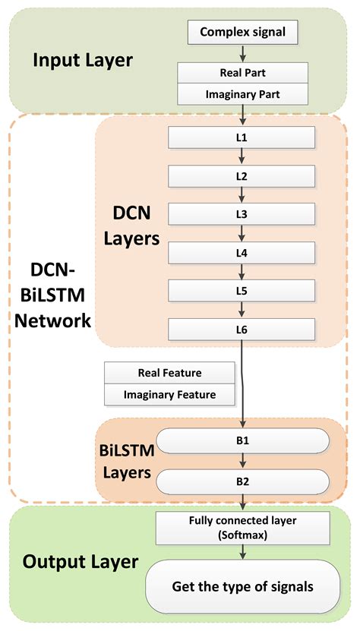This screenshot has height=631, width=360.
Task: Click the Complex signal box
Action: point(243,32)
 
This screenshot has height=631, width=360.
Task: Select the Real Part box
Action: point(243,73)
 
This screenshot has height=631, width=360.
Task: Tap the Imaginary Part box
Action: point(243,94)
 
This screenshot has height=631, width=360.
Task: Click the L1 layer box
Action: point(242,138)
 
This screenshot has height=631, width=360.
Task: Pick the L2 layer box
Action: point(242,176)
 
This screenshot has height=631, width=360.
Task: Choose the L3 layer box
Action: point(242,214)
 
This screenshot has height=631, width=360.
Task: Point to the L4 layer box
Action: point(242,252)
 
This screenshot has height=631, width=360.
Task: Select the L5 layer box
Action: point(242,291)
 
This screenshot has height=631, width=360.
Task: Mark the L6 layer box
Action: point(242,329)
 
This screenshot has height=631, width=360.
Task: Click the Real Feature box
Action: point(169,373)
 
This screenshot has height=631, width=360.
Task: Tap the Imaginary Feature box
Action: point(169,395)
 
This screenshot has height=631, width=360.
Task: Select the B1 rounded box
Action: point(242,440)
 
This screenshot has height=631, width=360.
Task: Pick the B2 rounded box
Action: point(242,481)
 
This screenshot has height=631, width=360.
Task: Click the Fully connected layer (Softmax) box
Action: point(243,528)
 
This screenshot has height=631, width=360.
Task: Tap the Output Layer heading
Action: point(81,562)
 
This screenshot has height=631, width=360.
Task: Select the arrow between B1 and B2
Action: point(242,460)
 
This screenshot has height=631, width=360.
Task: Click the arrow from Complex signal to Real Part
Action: point(242,52)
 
